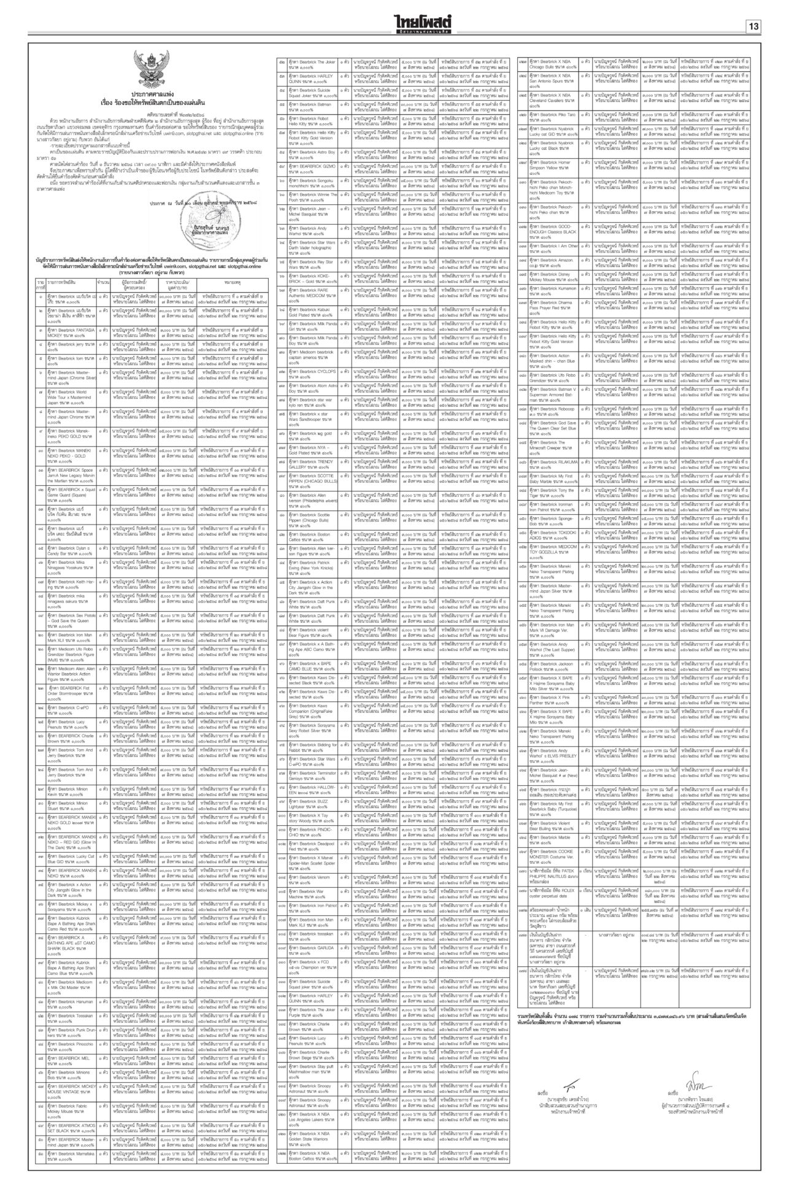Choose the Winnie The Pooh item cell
[x=309, y=197]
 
